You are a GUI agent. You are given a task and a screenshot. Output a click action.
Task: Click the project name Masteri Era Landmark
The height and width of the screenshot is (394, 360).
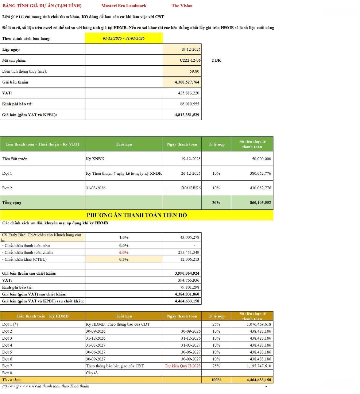point(124,6)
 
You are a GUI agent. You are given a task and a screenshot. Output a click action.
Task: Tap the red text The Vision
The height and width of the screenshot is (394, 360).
point(182,6)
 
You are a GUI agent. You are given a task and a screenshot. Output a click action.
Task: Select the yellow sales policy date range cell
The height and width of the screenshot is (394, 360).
point(124,38)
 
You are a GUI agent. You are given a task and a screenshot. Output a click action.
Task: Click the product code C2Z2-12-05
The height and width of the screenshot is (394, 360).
point(190,60)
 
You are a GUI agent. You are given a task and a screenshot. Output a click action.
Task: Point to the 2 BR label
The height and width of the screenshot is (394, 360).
point(216,60)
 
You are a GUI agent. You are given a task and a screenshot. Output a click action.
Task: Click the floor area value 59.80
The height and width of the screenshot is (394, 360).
point(194,71)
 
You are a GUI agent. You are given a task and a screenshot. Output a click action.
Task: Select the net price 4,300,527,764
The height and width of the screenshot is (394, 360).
point(187,82)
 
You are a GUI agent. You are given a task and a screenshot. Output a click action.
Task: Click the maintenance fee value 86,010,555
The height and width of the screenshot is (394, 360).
point(188,104)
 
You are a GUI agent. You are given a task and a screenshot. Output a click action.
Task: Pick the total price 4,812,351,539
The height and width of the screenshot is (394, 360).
point(187,115)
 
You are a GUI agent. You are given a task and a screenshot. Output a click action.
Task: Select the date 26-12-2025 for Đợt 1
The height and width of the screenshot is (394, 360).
point(191,173)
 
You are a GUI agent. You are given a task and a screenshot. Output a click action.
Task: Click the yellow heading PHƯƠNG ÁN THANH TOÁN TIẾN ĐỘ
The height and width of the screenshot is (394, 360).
point(137,215)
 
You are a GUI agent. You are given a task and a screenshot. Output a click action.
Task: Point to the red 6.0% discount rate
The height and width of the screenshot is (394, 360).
point(124,252)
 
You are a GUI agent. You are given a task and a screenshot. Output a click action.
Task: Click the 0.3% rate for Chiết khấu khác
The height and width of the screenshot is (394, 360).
point(124,259)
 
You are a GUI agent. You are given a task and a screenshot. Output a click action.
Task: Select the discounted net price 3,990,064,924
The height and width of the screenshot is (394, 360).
point(187,273)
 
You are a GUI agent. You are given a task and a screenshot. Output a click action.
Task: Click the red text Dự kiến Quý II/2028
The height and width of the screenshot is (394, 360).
point(182,366)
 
